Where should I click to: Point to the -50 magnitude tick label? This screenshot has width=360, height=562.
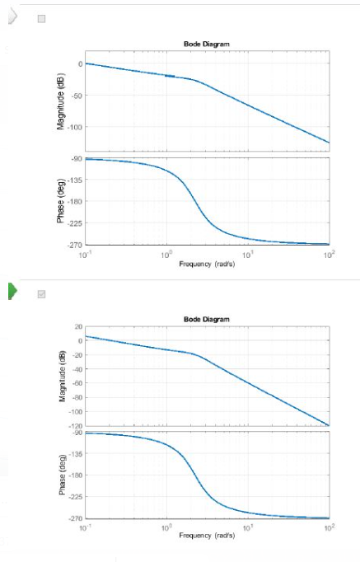coord(74,96)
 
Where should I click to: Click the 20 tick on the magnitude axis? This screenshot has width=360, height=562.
coord(77,327)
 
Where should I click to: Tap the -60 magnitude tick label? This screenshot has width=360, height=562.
coord(75,383)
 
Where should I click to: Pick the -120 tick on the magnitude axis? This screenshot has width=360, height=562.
coord(73,425)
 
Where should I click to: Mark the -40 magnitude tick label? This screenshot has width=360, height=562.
coord(75,369)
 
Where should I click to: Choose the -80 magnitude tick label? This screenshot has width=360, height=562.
coord(75,397)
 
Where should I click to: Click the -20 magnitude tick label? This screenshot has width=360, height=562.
coord(75,355)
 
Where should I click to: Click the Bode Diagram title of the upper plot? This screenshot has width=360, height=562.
coord(206,44)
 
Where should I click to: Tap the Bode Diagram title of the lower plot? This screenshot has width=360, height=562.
coord(206,319)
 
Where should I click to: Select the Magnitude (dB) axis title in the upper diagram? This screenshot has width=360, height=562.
coord(61,102)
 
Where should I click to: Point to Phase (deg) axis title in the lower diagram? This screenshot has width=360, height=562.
coord(61,475)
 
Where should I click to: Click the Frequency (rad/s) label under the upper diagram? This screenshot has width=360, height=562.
coord(207,264)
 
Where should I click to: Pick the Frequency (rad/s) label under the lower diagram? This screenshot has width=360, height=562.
coord(207,536)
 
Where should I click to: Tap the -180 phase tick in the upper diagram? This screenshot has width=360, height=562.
coord(73,201)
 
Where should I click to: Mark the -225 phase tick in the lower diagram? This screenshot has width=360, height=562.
coord(73,497)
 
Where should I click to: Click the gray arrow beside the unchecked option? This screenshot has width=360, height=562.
coord(12,17)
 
